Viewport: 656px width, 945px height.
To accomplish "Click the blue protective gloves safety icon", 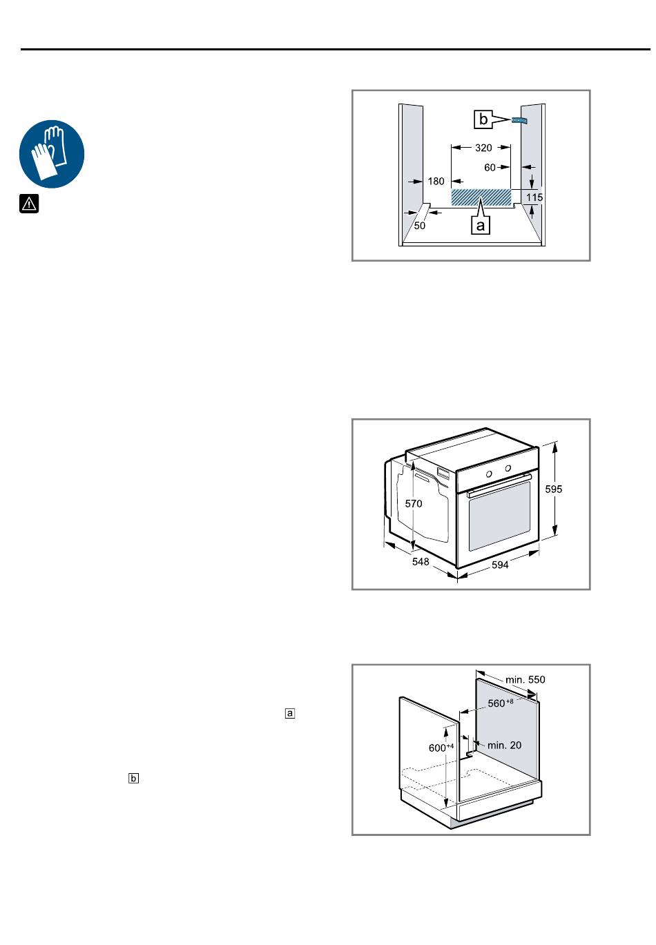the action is (52, 154).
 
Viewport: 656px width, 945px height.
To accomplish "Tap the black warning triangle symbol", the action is (29, 204).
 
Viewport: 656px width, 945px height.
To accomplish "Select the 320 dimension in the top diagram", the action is (483, 148).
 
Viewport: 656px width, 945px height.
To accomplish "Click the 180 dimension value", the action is (436, 182).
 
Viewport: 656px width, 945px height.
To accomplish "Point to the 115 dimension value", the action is (534, 197).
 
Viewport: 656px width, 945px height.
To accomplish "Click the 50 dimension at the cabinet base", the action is (419, 226).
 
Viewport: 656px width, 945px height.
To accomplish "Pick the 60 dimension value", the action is (490, 168).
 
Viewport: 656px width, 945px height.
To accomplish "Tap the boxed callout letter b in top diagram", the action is (483, 119).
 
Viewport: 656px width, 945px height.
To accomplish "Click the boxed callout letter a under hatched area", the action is (481, 225).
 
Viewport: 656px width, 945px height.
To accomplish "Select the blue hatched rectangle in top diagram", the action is (481, 197).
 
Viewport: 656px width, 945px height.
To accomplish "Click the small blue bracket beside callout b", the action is (519, 120).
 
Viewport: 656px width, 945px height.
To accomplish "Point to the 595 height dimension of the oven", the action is (553, 489).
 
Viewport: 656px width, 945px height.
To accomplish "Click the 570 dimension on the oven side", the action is (413, 503).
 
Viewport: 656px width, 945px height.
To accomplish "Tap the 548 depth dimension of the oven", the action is (421, 561).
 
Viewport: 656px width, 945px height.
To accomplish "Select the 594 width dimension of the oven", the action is (500, 565).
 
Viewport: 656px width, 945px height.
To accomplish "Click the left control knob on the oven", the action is (489, 474).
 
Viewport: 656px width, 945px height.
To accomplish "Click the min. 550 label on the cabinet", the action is (525, 680).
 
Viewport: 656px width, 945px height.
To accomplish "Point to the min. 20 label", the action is (504, 746).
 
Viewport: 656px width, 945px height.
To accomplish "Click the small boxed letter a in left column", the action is (289, 713).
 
